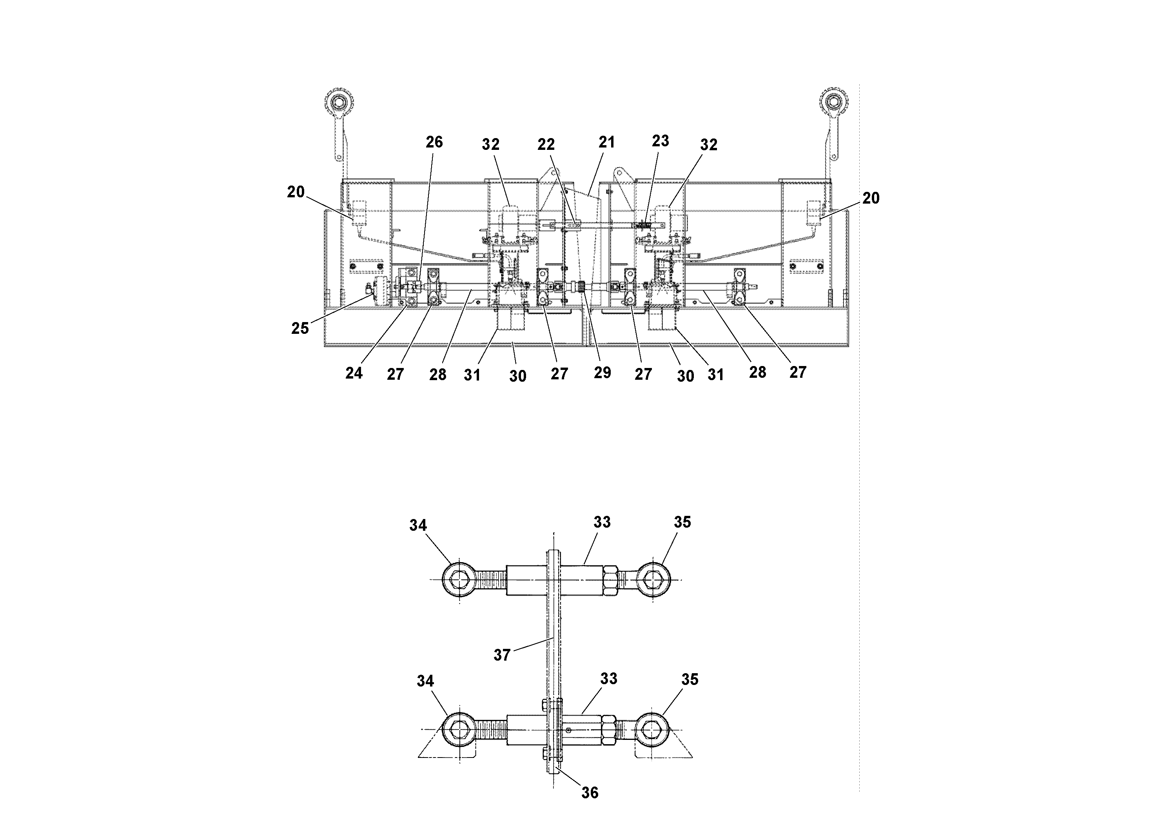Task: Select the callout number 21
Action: tap(606, 142)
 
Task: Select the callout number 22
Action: tap(546, 144)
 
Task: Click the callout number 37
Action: tap(502, 655)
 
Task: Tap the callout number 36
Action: tap(590, 792)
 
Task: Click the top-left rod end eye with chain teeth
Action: tap(338, 101)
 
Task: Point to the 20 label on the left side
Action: tap(296, 192)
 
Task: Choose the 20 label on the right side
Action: tap(871, 197)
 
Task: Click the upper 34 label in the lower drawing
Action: tap(418, 525)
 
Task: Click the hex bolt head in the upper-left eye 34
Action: tap(459, 580)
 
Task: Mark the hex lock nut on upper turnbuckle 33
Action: tap(610, 580)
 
